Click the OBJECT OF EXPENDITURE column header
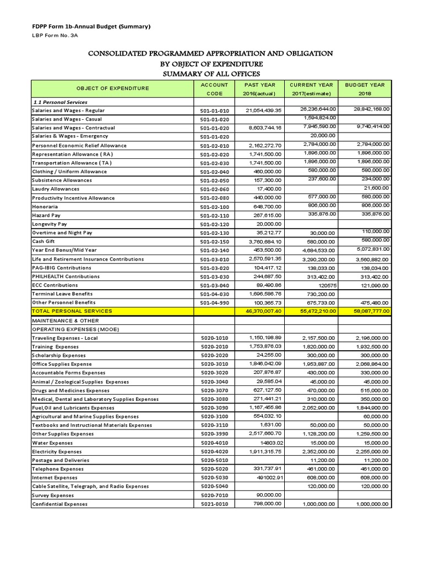112,89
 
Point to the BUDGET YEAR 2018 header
365,89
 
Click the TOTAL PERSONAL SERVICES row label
72,311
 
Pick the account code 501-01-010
214,111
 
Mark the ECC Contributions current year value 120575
324,285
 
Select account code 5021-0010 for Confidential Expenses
214,504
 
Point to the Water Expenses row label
52,443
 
